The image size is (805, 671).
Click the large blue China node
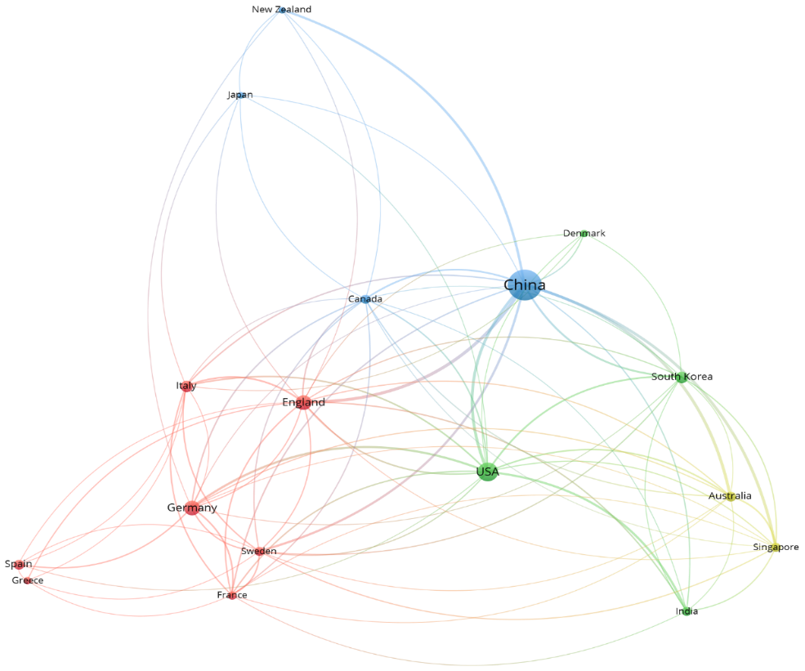coord(524,285)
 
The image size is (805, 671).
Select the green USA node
coord(487,472)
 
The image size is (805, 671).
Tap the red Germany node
coord(192,508)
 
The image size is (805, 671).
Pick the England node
coord(303,402)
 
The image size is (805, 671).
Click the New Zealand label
coord(281,9)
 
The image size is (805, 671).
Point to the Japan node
coord(239,95)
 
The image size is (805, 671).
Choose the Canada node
coord(365,299)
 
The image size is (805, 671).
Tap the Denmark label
coord(584,233)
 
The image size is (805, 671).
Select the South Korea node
coord(682,378)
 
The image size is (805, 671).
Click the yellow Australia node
coord(730,496)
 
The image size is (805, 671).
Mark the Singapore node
coord(776,548)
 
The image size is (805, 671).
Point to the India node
coord(686,611)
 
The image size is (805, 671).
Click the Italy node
coord(186,386)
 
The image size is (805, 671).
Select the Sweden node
coord(259,552)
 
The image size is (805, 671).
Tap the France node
coord(232,595)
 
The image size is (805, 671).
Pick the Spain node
coord(19,564)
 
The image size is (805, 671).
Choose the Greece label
coord(28,580)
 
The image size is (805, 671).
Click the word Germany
coord(192,508)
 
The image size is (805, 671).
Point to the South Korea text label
coord(682,376)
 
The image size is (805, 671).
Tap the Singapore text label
coord(776,548)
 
